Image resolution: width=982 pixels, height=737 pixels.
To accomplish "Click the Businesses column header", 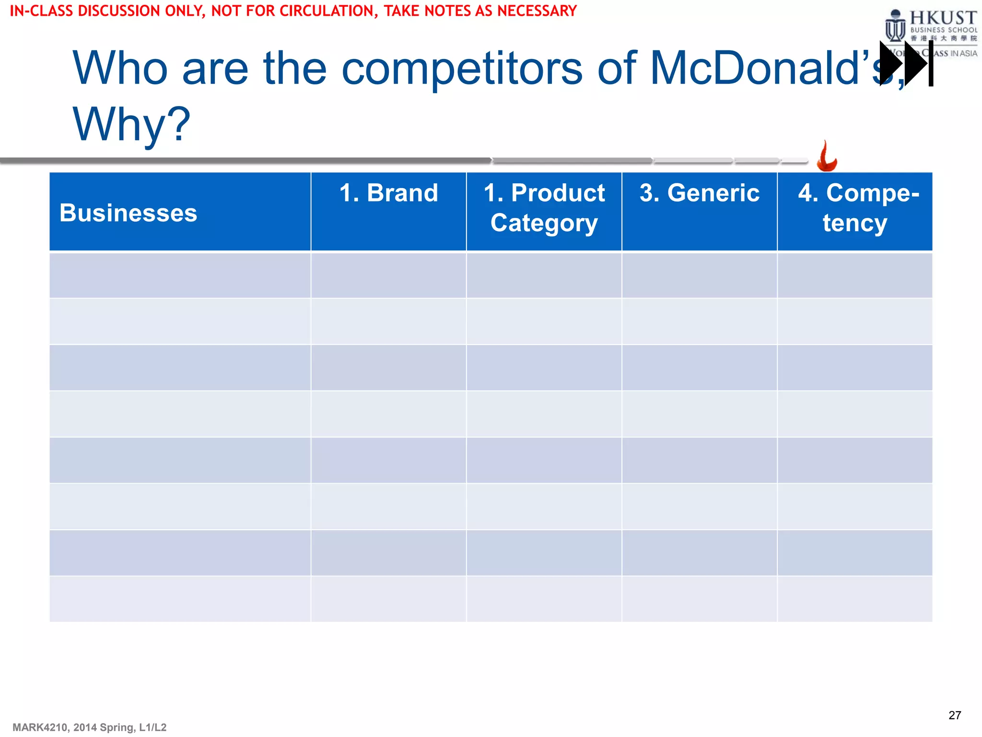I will coord(129,213).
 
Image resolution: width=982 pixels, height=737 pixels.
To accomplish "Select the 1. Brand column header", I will coord(388,193).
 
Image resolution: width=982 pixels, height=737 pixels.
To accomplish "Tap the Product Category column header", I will coord(544,208).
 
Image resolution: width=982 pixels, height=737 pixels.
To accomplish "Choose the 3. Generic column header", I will coord(699,193).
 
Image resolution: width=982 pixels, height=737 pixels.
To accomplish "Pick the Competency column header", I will coord(855,208).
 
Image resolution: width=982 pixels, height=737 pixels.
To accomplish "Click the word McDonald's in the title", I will coord(767,68).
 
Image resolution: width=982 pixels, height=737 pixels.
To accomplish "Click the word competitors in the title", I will coord(461,68).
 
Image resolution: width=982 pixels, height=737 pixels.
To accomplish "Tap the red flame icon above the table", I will coord(827,156).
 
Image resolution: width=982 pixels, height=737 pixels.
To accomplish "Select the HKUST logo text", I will coord(943,18).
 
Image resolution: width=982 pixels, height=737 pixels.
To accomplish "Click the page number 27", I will coord(954,715).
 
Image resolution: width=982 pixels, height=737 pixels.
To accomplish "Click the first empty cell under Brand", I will coord(388,275).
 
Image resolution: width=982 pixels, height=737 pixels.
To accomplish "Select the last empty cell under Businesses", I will coord(180,599).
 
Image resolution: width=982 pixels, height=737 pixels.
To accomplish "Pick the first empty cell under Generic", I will coord(699,275).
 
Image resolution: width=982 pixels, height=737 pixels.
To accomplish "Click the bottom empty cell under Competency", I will coord(855,599).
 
